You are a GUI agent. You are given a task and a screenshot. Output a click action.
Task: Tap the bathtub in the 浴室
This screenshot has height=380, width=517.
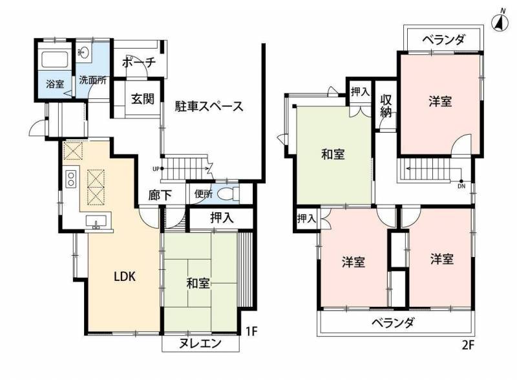tap(54, 60)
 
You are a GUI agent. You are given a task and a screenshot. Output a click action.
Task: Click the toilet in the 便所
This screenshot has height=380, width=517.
tap(226, 193)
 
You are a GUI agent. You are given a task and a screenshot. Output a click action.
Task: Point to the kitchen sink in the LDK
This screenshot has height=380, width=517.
tap(98, 223)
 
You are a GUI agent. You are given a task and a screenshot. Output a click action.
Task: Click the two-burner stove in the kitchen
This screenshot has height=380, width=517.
tap(71, 177)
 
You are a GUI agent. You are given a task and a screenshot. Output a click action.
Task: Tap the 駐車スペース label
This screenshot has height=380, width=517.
tap(209, 106)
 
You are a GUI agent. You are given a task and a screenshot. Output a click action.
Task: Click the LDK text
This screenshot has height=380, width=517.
tap(124, 276)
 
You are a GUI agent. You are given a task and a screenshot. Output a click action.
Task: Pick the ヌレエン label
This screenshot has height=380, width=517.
tap(200, 344)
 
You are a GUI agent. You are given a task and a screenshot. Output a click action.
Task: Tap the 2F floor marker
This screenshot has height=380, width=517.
tap(468, 344)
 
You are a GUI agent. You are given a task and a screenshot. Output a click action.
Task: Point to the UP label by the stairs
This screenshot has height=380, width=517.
tap(156, 170)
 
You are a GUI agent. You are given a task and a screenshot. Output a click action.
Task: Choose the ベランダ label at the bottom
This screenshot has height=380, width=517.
tap(392, 322)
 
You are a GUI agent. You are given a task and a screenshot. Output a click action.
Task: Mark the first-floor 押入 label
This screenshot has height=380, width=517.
tap(222, 218)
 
